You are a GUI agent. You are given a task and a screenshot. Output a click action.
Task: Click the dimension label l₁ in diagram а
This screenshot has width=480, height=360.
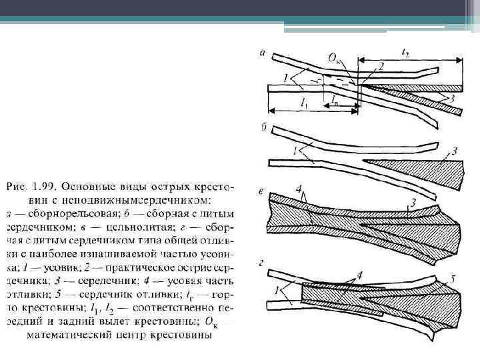(304, 103)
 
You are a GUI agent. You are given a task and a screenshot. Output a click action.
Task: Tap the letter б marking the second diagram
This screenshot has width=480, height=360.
(266, 127)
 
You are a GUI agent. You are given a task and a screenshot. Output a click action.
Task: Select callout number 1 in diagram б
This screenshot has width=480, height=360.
(295, 151)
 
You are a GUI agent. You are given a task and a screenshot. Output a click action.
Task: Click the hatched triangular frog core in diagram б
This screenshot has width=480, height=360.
(413, 166)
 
